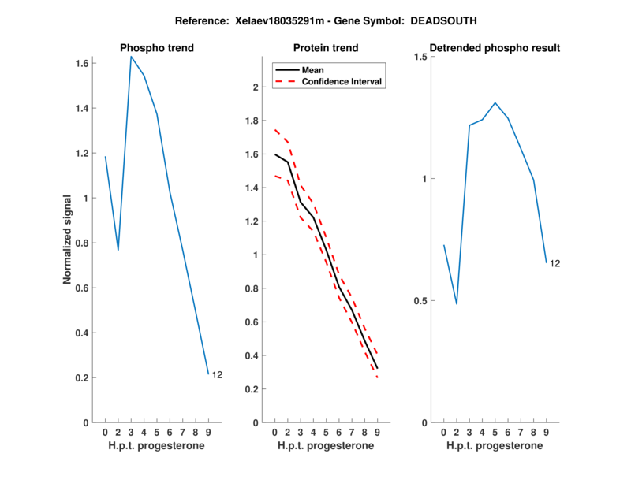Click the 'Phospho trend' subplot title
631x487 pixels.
click(157, 48)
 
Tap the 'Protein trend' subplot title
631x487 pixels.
click(326, 48)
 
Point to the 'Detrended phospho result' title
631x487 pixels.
click(494, 48)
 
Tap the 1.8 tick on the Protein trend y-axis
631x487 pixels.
click(252, 121)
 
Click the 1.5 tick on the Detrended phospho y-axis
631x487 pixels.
click(420, 57)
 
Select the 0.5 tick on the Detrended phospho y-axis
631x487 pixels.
click(420, 301)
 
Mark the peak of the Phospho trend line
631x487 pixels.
click(131, 57)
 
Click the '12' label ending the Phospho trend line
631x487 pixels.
click(217, 375)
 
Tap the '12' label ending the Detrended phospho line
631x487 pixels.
click(554, 263)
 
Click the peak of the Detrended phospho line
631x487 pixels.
click(495, 102)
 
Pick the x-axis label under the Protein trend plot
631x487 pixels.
click(326, 446)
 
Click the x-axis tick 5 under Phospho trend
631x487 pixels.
click(157, 432)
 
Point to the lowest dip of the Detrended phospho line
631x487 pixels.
click(456, 303)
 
